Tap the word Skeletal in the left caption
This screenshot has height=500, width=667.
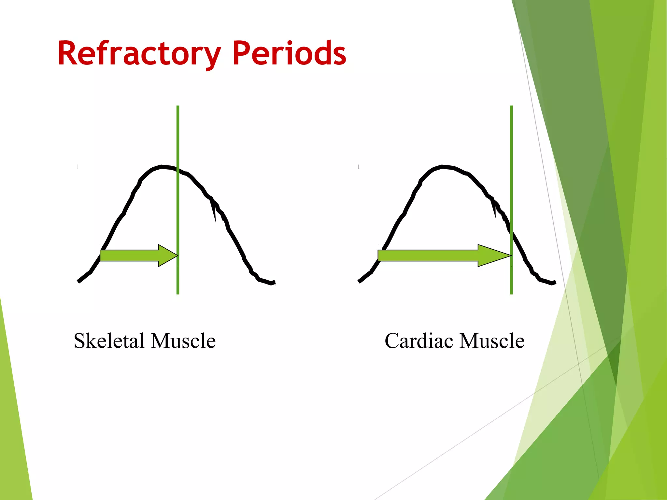(109, 341)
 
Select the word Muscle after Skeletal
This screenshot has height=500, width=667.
(183, 341)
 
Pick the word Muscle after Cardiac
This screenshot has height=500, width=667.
(492, 341)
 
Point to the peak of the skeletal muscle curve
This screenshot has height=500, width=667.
(162, 167)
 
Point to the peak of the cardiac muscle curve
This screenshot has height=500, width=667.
(442, 167)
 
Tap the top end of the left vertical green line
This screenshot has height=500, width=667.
(178, 107)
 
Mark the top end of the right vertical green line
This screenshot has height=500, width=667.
(511, 107)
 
